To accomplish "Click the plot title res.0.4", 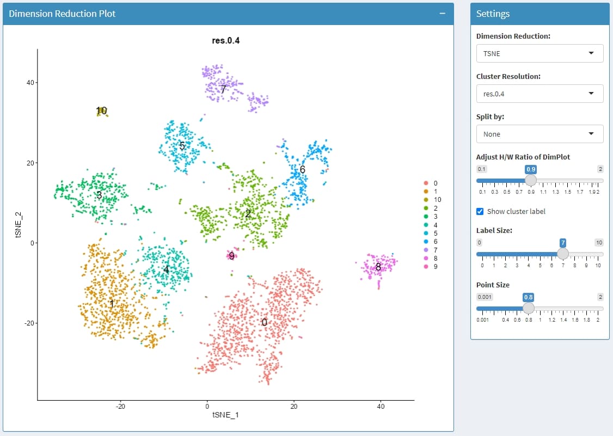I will coord(225,40).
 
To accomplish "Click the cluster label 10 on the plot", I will coord(101,110).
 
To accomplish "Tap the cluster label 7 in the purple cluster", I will coord(223,89).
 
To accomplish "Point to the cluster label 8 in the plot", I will coord(378,267).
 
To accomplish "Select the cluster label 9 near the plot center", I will coord(231,255).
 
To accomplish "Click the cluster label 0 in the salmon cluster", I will coord(264,322).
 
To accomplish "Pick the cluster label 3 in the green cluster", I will coord(99,194).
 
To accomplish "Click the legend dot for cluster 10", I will coord(427,200).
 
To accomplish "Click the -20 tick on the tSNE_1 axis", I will coord(120,406).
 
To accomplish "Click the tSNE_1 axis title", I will coord(225,415).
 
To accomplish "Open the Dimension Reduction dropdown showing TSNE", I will coord(540,53).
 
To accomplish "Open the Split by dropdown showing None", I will coord(540,134).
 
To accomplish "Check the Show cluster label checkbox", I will coord(480,211).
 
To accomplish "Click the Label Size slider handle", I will coord(563,254).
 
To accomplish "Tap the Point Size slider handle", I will coord(528,308).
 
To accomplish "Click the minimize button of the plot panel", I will coord(443,14).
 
